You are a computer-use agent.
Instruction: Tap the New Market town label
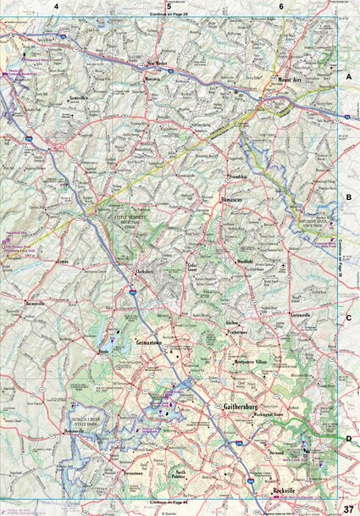tap(158, 64)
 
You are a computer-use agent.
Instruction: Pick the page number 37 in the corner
tap(349, 508)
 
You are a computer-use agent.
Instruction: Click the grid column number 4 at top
tap(57, 6)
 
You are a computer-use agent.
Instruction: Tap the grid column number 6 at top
tap(281, 6)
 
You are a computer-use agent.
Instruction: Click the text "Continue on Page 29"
tap(170, 15)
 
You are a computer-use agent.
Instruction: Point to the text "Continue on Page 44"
tap(170, 502)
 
